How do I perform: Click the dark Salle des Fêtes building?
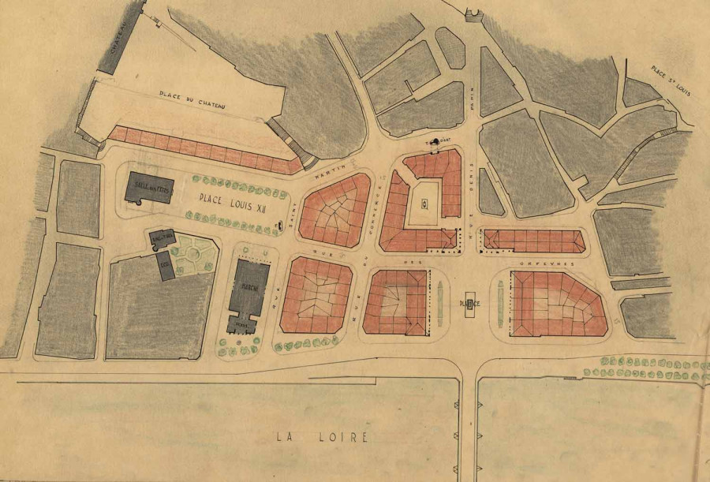(150, 188)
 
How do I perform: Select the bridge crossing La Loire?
(469, 426)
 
